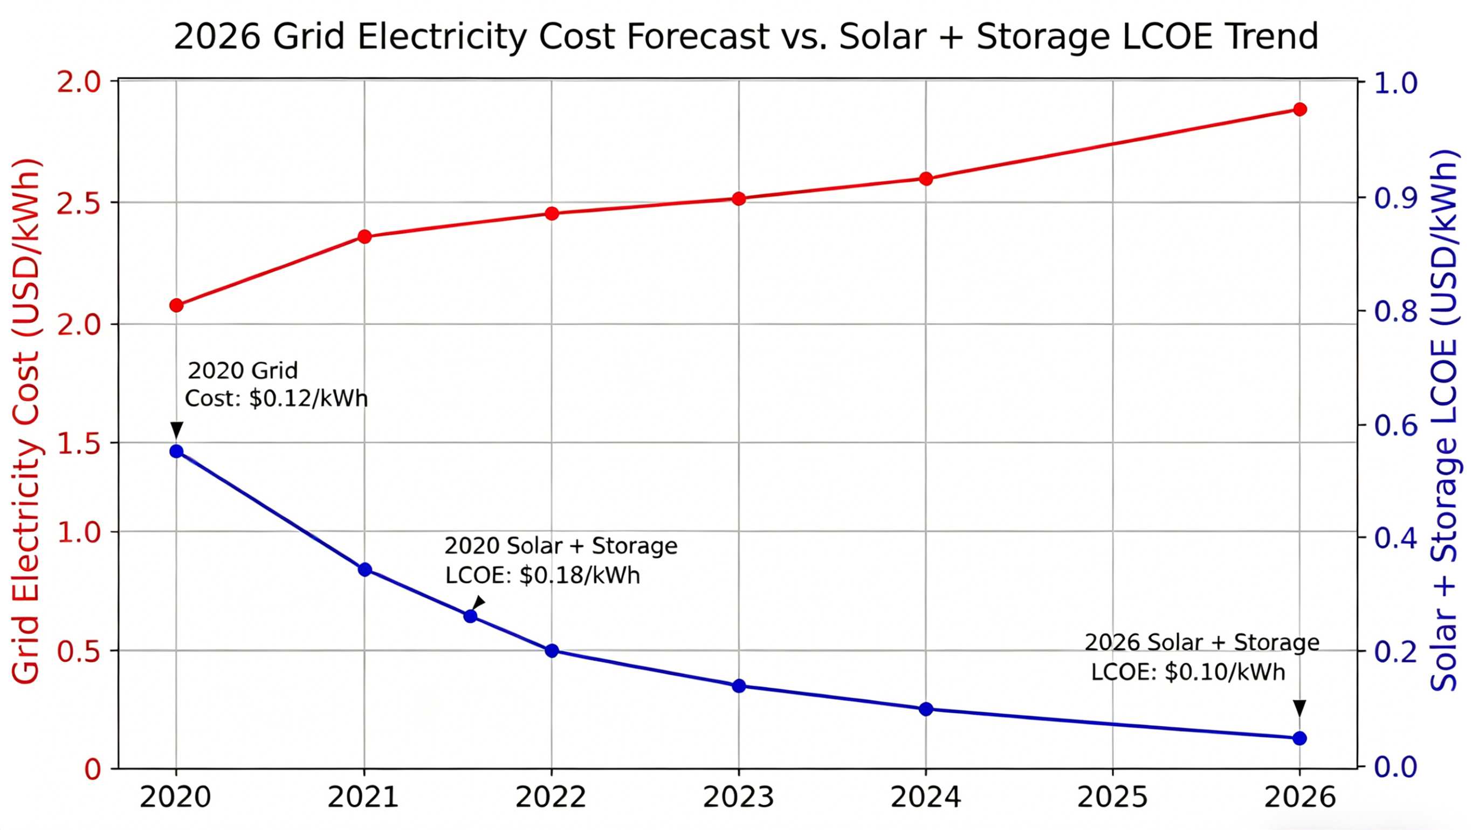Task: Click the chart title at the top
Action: click(746, 37)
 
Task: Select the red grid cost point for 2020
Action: click(176, 305)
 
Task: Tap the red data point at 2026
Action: click(1299, 109)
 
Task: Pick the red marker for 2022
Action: click(552, 214)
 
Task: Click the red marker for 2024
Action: click(926, 179)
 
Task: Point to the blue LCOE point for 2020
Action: click(176, 451)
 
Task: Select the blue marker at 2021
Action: click(365, 570)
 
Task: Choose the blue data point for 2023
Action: click(739, 686)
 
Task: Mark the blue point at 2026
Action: click(1299, 738)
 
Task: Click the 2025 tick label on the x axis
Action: click(1112, 798)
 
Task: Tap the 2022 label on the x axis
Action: click(551, 798)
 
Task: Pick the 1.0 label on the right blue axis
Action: click(1395, 84)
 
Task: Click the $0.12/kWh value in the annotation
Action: click(308, 399)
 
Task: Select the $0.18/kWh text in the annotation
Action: click(580, 575)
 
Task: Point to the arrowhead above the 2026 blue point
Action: click(1299, 708)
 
